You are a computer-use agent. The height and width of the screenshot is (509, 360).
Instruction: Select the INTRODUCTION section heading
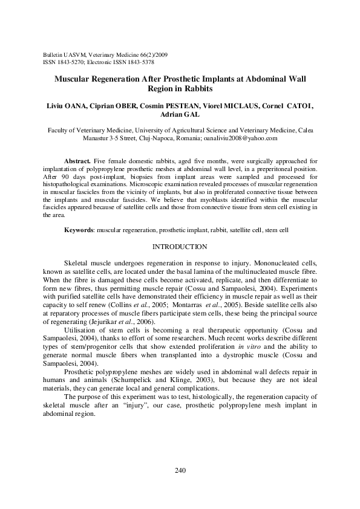[x=180, y=247]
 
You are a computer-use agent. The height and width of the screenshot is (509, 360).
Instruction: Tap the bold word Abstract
[x=78, y=162]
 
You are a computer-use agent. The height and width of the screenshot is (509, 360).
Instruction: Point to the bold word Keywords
[x=80, y=230]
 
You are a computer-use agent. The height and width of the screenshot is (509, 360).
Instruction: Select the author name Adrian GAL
[x=180, y=116]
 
